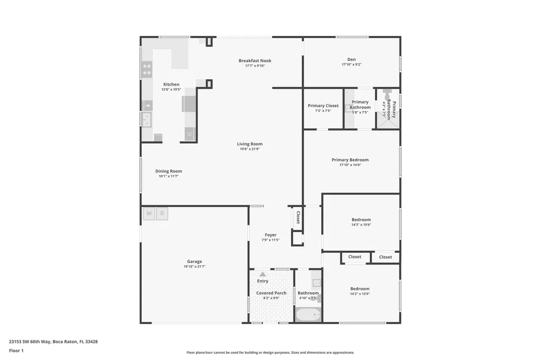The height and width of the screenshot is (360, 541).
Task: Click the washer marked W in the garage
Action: (149, 214)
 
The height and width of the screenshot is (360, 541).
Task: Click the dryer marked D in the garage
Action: (162, 214)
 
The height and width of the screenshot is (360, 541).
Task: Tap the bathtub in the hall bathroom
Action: (308, 315)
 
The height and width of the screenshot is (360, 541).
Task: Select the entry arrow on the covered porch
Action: (263, 274)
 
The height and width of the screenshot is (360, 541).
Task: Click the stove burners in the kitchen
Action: (147, 70)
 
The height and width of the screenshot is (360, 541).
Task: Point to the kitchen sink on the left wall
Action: (146, 119)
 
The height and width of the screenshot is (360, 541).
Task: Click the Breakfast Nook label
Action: (255, 61)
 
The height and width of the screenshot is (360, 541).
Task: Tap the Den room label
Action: (351, 60)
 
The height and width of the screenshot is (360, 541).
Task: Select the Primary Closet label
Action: (323, 106)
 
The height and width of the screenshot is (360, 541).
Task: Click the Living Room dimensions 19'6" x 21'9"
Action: (249, 149)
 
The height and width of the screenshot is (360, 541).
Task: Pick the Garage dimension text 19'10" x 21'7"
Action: (194, 267)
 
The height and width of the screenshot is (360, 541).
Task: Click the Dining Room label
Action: (169, 171)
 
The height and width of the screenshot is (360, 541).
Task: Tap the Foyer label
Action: (270, 235)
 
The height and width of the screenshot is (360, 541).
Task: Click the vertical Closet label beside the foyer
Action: (298, 217)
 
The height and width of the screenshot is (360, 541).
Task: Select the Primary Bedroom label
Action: (350, 160)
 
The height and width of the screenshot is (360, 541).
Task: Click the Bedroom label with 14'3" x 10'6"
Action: (361, 220)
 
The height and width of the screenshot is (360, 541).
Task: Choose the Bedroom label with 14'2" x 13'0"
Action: (360, 289)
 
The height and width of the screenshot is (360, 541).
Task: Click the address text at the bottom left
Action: (53, 342)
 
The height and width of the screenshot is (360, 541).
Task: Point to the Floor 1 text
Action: (16, 350)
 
